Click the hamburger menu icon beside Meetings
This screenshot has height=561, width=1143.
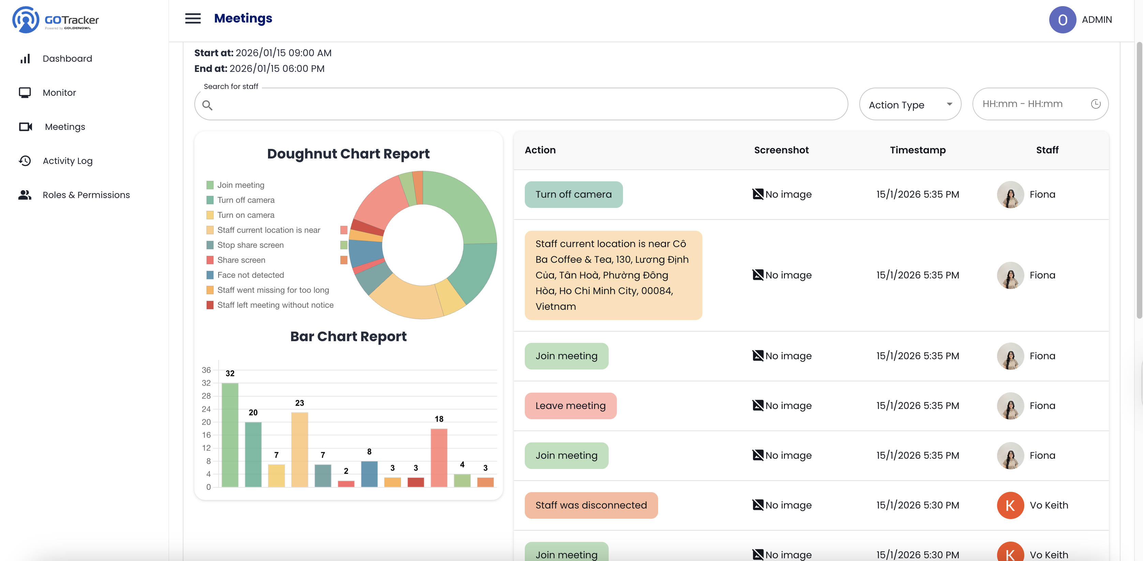pos(193,19)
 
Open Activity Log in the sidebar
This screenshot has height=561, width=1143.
pos(68,161)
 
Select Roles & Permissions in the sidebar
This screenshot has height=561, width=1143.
pos(86,195)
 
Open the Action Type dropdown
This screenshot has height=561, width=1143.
pos(910,105)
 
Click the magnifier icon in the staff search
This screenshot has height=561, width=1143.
pos(207,105)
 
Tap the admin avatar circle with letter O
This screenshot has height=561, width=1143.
pos(1062,20)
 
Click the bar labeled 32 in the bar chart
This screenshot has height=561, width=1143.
pos(230,435)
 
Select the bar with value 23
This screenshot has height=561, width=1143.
pos(299,449)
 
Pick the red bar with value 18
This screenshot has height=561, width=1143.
pos(439,457)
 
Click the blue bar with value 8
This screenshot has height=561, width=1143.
pos(369,474)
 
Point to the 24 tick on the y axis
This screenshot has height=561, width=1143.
pos(206,409)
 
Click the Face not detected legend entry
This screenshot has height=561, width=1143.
pos(250,275)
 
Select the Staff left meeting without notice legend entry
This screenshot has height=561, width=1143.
pos(275,305)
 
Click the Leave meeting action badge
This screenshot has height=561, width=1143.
pos(570,406)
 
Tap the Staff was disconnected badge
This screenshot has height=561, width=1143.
pos(591,505)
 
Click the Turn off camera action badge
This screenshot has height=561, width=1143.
pos(573,194)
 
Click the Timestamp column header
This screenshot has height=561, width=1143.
pos(917,150)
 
